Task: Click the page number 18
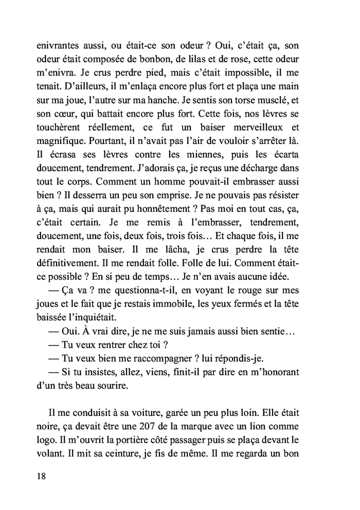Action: [x=41, y=476]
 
